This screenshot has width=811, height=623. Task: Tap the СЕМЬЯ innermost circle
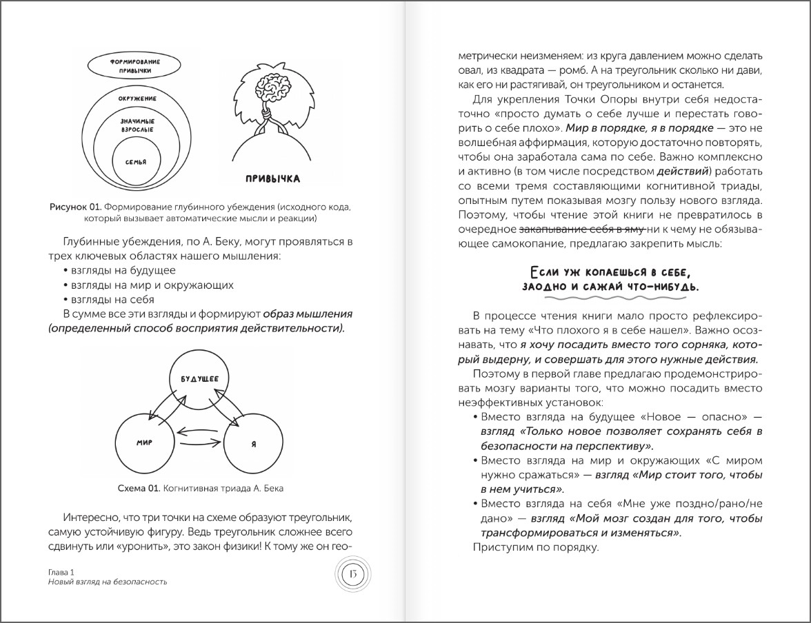[x=137, y=160]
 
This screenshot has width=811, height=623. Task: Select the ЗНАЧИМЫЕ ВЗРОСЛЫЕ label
[x=137, y=124]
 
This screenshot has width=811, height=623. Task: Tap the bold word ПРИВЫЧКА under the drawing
[x=272, y=179]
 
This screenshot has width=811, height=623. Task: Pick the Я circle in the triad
[x=254, y=442]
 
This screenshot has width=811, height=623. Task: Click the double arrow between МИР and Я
[x=199, y=433]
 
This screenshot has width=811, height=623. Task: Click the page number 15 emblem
[x=350, y=573]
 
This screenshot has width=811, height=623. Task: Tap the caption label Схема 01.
[x=138, y=489]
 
